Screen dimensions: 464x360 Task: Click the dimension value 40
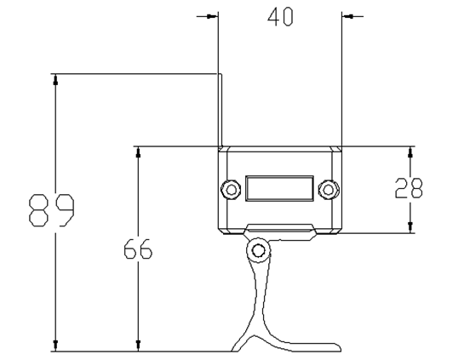(x=280, y=17)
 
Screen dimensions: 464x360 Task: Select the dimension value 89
(x=51, y=210)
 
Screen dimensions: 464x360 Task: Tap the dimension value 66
(x=138, y=249)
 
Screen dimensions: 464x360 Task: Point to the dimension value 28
(x=409, y=188)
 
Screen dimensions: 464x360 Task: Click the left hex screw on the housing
(x=231, y=189)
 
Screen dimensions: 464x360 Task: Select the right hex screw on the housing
(x=328, y=189)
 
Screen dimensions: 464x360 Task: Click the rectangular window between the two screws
(x=279, y=188)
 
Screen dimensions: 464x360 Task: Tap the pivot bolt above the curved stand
(x=259, y=250)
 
